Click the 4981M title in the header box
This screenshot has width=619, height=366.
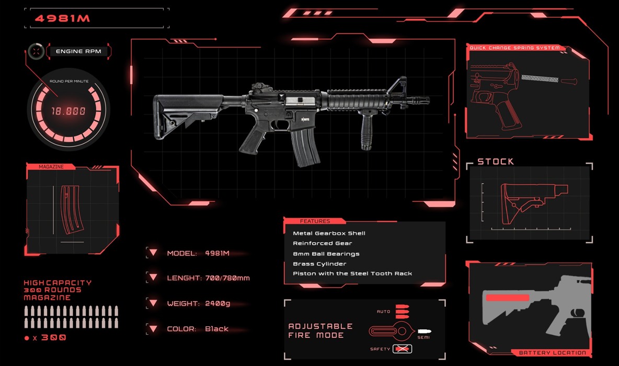62,18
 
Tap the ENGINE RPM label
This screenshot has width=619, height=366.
78,51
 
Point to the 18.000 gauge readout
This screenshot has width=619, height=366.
68,111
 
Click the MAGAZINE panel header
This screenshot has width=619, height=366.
51,167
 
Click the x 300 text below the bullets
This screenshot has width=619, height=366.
49,338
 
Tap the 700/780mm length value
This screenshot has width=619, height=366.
227,278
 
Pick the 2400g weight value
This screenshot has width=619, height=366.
217,304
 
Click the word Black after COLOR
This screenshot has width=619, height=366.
217,329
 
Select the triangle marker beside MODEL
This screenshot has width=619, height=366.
153,253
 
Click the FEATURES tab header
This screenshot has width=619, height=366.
315,221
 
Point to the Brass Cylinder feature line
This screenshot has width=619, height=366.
319,264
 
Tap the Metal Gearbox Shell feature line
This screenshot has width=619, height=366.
329,233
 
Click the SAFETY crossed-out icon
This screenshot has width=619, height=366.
402,349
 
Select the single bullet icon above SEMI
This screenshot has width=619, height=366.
425,331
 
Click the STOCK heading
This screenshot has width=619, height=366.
496,162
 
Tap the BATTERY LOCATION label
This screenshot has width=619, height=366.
552,352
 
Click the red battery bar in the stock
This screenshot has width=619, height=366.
507,298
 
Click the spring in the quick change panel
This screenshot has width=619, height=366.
540,78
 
